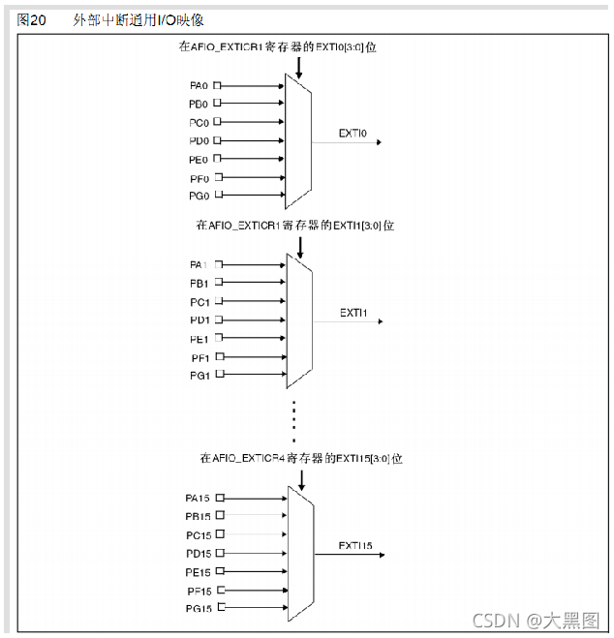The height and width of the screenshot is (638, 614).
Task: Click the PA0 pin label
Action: click(200, 85)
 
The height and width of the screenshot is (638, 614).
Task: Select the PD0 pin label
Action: click(200, 140)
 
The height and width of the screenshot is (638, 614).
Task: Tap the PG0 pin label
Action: click(200, 196)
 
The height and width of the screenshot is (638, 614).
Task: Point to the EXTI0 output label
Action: click(353, 134)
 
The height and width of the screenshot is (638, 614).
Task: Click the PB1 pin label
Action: click(200, 283)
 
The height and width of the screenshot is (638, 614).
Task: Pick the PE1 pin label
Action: click(200, 338)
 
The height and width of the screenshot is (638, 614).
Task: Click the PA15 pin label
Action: click(198, 498)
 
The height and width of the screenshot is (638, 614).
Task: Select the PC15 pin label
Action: click(198, 534)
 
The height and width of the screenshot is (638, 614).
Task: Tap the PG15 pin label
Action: click(198, 608)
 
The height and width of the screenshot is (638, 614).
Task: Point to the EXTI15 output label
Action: click(356, 546)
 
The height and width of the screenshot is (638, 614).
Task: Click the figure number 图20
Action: click(32, 20)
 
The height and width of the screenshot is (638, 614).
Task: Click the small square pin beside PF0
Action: click(218, 177)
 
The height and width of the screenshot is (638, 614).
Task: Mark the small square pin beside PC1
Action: click(218, 301)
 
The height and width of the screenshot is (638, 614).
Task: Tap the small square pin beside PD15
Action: click(220, 553)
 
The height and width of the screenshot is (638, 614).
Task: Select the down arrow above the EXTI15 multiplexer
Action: click(301, 479)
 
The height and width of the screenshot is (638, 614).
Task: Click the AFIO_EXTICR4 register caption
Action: click(300, 457)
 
